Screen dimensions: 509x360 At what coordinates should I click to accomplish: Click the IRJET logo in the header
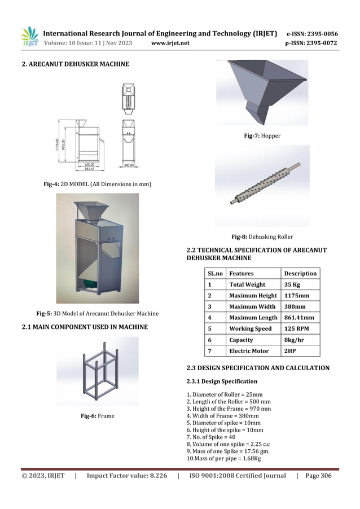click(x=29, y=37)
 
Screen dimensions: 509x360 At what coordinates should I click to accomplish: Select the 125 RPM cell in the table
click(x=296, y=328)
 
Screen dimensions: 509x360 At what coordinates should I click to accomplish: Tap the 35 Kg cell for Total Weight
click(x=292, y=284)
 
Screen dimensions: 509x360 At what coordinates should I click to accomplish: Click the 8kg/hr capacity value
click(x=293, y=340)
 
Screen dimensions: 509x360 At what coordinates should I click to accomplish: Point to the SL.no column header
click(x=216, y=273)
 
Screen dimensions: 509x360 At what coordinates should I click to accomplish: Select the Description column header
click(x=300, y=273)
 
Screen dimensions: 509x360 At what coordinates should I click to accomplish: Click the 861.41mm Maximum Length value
click(x=299, y=318)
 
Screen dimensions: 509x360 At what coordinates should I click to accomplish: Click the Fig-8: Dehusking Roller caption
click(x=262, y=237)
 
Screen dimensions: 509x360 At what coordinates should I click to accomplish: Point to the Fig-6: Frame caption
click(x=97, y=416)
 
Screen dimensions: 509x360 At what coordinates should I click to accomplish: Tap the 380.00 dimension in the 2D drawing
click(x=131, y=165)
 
